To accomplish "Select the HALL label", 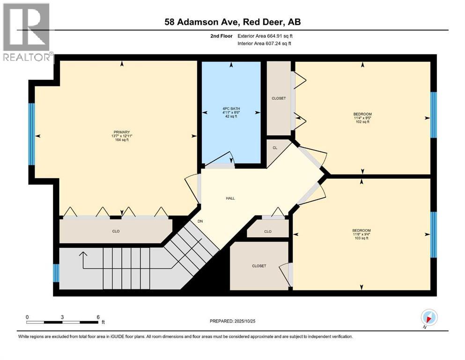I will (x=230, y=198).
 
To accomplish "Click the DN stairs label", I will (x=200, y=221).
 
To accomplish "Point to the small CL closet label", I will (x=275, y=148).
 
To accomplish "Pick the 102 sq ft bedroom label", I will (x=362, y=118).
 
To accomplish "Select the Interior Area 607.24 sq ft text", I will (x=264, y=44).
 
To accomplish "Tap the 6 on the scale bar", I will (x=97, y=316).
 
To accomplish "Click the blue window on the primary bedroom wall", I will (x=32, y=134).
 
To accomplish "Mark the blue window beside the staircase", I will (x=56, y=273).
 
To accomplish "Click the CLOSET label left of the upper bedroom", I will (x=279, y=98).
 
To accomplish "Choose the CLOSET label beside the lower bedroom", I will (x=259, y=266).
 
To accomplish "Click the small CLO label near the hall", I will (x=267, y=231).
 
